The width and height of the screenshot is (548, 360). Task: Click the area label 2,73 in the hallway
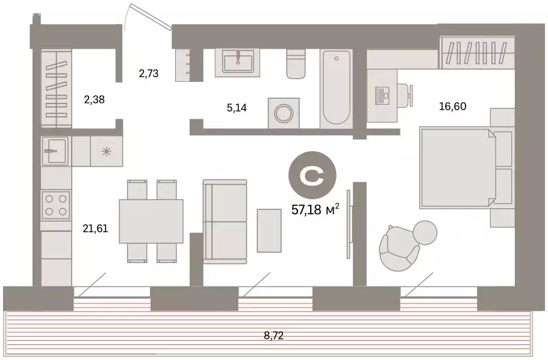[149, 73]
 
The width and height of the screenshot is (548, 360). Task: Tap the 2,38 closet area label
[95, 99]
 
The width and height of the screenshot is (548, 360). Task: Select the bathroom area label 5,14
[237, 108]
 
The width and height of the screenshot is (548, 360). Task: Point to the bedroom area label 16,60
[453, 106]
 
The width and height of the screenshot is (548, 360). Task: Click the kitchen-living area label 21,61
[95, 229]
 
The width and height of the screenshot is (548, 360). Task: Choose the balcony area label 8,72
[273, 336]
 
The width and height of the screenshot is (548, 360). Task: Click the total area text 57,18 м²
[315, 209]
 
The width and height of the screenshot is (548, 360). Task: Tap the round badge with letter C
[312, 175]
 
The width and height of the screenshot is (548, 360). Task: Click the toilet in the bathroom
[296, 63]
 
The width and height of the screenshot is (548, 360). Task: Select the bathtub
[336, 88]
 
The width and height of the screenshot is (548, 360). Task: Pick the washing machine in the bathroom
[284, 113]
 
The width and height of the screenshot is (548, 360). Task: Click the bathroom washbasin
[237, 62]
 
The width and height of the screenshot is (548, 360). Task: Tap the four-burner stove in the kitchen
[56, 205]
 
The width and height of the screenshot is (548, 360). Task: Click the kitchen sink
[56, 151]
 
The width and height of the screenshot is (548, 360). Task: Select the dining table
[151, 222]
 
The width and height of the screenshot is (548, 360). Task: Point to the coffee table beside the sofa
[269, 231]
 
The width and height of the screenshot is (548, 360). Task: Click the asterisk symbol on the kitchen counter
[106, 151]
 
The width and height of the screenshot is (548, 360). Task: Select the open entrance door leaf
[151, 16]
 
